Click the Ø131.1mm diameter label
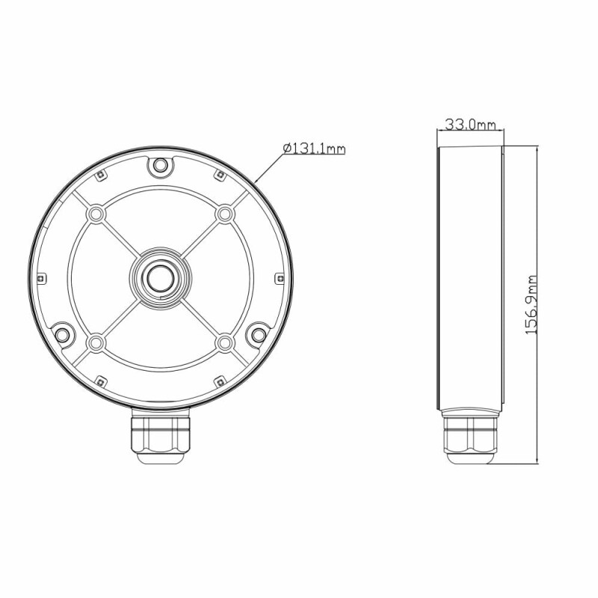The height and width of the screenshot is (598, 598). pyautogui.click(x=314, y=148)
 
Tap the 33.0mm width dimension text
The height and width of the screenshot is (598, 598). pyautogui.click(x=471, y=124)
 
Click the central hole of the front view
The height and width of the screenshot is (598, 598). pyautogui.click(x=161, y=277)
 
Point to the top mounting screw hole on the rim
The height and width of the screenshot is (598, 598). pyautogui.click(x=160, y=165)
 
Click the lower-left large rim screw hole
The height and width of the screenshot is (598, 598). pyautogui.click(x=62, y=335)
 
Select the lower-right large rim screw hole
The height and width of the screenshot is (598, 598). pyautogui.click(x=259, y=335)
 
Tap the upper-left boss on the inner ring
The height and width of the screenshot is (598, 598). pyautogui.click(x=96, y=214)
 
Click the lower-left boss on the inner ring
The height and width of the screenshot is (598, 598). pyautogui.click(x=96, y=343)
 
